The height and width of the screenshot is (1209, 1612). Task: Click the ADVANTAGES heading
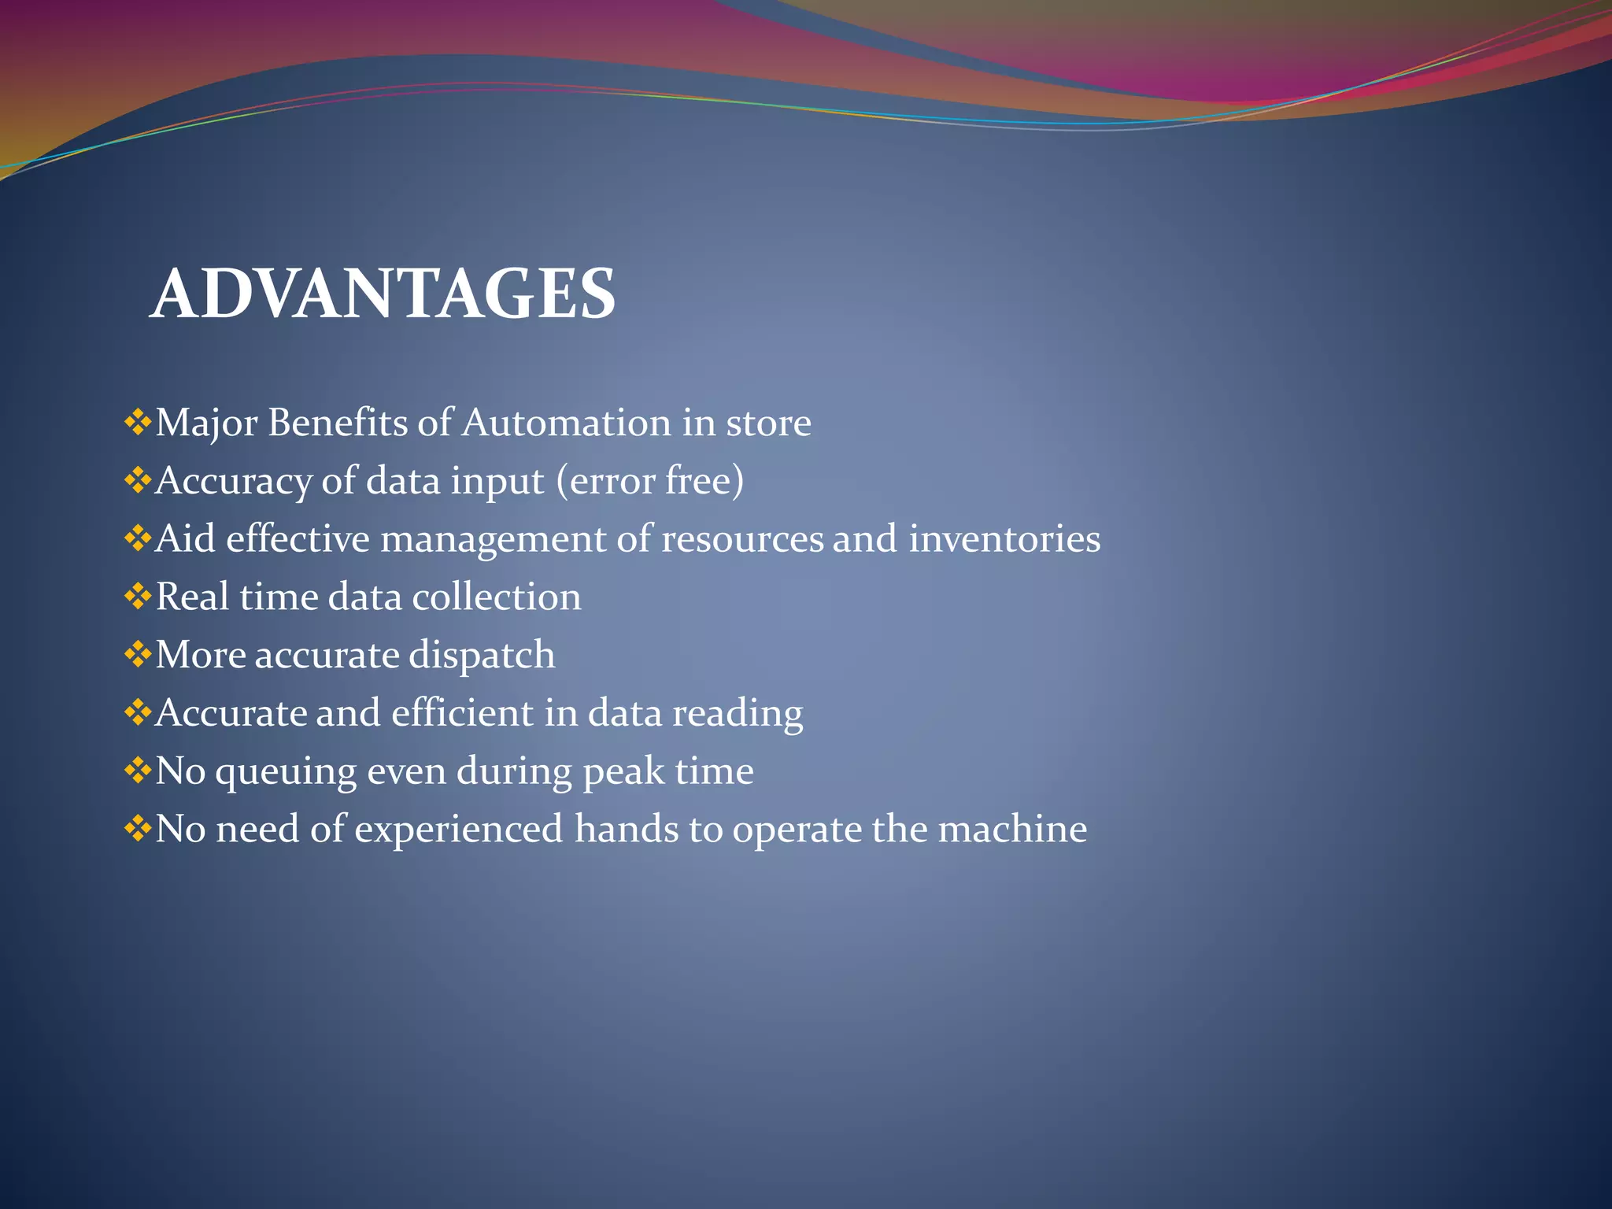tap(383, 294)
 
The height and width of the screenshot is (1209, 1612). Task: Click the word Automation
tap(565, 423)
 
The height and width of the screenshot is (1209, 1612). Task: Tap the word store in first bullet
tap(767, 423)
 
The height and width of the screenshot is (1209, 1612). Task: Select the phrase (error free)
tap(649, 480)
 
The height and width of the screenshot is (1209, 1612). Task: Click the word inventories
tap(1004, 538)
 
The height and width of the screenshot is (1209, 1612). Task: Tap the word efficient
tap(462, 712)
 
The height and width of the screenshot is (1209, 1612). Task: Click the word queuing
tap(286, 772)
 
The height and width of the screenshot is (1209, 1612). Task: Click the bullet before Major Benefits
tap(138, 423)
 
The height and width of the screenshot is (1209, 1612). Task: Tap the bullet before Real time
tap(138, 597)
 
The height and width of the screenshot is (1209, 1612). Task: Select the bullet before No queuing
tap(138, 771)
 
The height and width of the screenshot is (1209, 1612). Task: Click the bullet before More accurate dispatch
tap(138, 655)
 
